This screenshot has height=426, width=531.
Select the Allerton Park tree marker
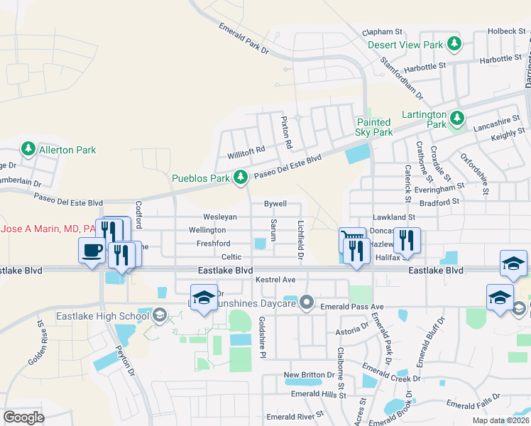(28, 149)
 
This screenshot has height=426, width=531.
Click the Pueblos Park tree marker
(241, 176)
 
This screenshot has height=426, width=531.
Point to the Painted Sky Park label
(374, 127)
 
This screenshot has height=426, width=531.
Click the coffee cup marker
(92, 250)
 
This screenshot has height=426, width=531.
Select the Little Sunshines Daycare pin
(307, 303)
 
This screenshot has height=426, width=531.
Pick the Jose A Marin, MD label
(48, 229)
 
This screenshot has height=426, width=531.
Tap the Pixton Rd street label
(286, 133)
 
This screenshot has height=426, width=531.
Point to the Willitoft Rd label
(246, 150)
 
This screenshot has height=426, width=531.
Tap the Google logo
(23, 417)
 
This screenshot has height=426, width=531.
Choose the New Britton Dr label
(309, 374)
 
